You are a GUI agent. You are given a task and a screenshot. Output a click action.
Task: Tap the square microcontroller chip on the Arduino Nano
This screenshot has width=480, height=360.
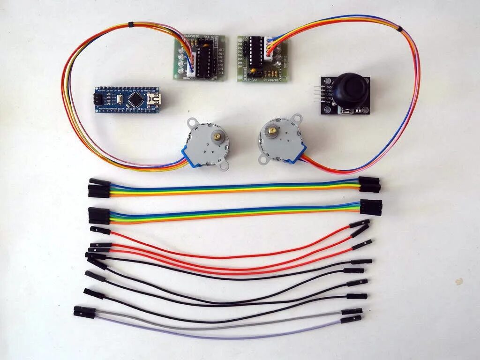[135, 99]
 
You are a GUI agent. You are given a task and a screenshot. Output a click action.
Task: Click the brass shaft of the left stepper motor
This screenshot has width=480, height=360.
[217, 137]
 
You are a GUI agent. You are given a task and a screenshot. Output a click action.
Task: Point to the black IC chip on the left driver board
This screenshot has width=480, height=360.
[205, 61]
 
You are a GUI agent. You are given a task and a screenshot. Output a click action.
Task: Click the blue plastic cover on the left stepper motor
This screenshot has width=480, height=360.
[191, 156]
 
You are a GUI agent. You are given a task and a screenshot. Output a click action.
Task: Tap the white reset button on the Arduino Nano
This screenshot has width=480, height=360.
[120, 99]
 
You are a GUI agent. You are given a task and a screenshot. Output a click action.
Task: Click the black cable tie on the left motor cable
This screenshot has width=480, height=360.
[130, 23]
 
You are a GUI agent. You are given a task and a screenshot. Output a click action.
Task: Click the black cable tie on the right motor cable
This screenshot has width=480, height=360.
[399, 29]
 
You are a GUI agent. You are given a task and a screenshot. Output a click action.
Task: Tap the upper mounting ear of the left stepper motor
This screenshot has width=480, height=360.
[192, 123]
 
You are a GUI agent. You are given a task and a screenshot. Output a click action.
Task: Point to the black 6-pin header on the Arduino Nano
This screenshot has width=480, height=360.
[99, 99]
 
